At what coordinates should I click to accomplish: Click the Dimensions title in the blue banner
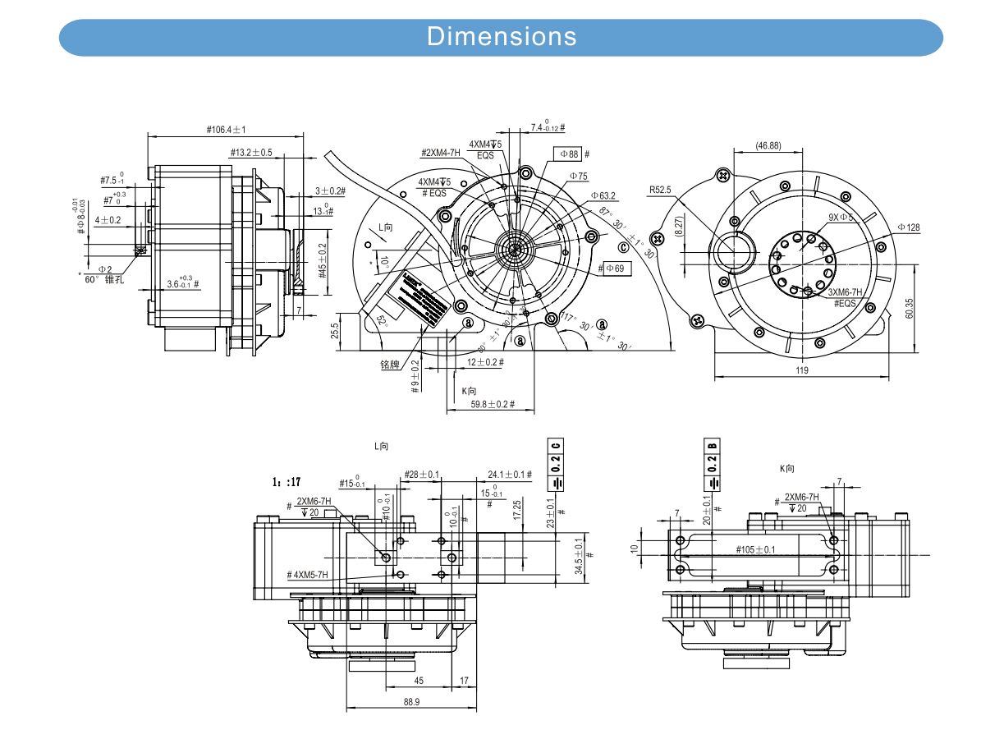pyautogui.click(x=502, y=37)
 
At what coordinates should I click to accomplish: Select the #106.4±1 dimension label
pyautogui.click(x=227, y=130)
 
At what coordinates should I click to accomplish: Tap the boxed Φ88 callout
pyautogui.click(x=570, y=154)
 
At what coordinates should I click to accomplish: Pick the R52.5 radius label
pyautogui.click(x=660, y=190)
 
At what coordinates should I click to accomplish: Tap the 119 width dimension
pyautogui.click(x=802, y=370)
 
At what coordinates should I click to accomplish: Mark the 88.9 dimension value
pyautogui.click(x=411, y=702)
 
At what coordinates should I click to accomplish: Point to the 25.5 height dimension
pyautogui.click(x=334, y=330)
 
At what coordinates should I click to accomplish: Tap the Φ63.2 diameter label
pyautogui.click(x=603, y=196)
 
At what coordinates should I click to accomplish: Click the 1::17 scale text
pyautogui.click(x=286, y=482)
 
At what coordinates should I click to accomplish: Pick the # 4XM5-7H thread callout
pyautogui.click(x=308, y=575)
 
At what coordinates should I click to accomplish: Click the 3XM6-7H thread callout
pyautogui.click(x=845, y=292)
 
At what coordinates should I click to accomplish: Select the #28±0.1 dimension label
pyautogui.click(x=422, y=475)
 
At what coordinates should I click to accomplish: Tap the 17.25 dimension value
pyautogui.click(x=516, y=510)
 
